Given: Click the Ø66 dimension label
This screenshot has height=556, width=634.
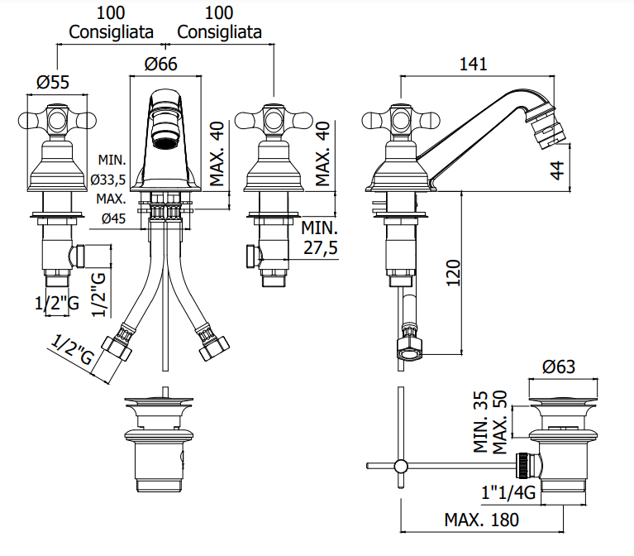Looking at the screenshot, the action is coord(161,64).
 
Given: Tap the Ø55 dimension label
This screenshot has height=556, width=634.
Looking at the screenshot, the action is coord(53,82).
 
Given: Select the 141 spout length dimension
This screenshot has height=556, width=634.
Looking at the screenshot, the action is coord(474,64).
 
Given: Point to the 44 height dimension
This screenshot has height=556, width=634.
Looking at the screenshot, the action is coord(557,170).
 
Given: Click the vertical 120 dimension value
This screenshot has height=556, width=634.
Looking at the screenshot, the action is coord(453,273).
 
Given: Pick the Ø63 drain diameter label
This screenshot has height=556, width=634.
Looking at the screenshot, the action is coord(559,367).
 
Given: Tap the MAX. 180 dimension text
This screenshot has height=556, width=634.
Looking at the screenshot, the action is coord(482,520).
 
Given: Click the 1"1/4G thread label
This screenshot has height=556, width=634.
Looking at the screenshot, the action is coord(508,492).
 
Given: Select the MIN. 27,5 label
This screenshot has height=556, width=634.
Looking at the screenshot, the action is coord(320,238).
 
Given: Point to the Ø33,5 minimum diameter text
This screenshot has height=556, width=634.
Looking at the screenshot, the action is coord(108,180).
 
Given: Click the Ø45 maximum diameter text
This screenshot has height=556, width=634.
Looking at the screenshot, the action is coord(113,218).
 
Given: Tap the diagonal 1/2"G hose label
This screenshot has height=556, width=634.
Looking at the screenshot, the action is coord(72,350).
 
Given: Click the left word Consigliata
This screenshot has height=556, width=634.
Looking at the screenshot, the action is coord(112,32).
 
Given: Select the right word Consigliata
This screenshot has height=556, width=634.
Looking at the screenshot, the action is coord(220,32).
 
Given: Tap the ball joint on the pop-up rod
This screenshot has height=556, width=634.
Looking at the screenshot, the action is coord(401,466).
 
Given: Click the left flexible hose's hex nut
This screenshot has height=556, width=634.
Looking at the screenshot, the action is coord(117,347).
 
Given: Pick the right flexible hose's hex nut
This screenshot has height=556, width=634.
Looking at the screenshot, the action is coord(213,347).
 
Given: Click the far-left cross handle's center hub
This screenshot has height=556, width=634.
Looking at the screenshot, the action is coord(57,121).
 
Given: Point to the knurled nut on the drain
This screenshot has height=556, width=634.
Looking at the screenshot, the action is coord(523,466).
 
